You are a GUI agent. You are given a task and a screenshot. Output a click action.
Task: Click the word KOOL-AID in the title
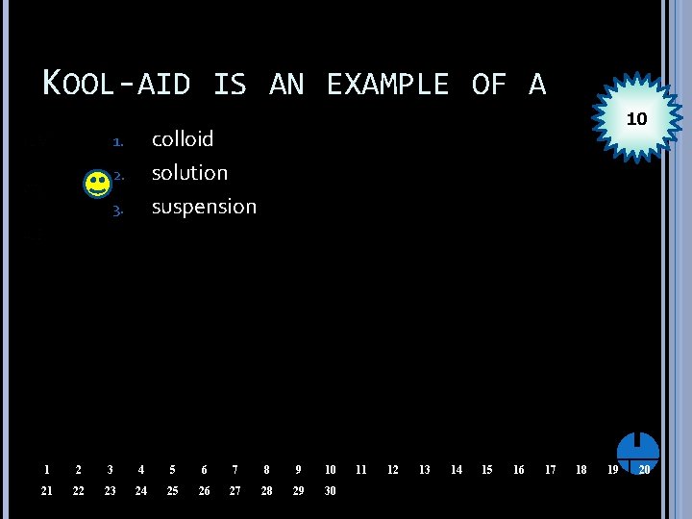tap(115, 85)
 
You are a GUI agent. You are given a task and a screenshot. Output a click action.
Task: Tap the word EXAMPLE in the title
tap(387, 85)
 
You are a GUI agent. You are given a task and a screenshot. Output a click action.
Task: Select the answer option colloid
tap(183, 139)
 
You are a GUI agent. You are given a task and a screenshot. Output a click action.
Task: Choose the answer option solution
tap(189, 173)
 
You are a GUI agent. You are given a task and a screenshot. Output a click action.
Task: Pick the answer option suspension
tap(204, 207)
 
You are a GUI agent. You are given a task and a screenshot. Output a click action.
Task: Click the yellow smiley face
tap(97, 184)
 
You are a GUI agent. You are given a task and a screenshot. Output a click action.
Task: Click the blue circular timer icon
tap(638, 451)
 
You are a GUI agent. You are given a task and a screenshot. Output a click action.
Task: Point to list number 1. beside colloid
tap(117, 141)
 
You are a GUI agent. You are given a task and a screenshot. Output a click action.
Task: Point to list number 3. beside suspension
tap(117, 209)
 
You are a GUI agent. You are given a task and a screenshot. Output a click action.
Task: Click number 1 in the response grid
tap(46, 470)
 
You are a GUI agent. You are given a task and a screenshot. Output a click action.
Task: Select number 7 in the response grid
tap(235, 470)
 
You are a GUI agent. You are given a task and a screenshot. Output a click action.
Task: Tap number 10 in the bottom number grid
tap(330, 470)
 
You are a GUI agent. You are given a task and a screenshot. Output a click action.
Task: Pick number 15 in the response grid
tap(487, 470)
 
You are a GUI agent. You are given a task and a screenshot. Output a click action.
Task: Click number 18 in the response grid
tap(581, 470)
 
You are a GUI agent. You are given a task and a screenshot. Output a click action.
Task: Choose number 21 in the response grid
tap(46, 491)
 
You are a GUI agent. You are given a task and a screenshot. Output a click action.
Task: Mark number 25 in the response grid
tap(172, 491)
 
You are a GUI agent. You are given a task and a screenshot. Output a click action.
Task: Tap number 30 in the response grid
tap(330, 491)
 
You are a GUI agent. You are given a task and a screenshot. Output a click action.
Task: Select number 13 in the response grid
tap(424, 470)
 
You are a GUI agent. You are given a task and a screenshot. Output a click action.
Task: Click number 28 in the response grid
tap(266, 491)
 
